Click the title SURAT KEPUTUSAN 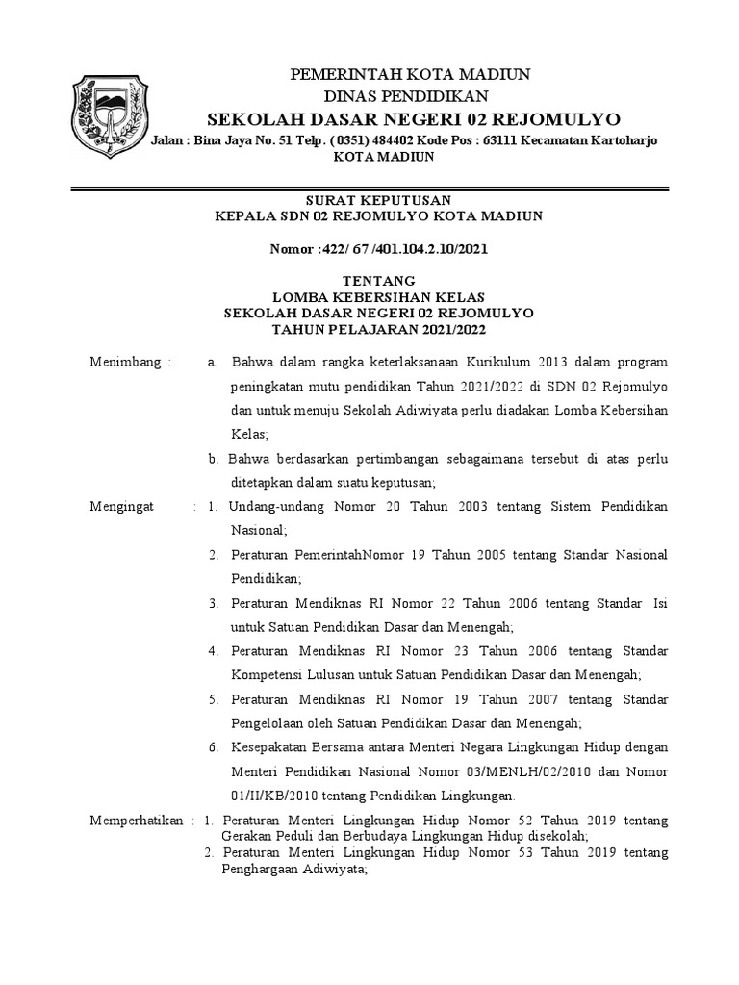click(x=378, y=199)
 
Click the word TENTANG click(x=378, y=283)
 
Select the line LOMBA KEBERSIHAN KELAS click(x=378, y=298)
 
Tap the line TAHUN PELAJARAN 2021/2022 click(x=378, y=329)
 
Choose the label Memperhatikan click(x=137, y=820)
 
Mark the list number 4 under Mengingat click(x=214, y=650)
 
